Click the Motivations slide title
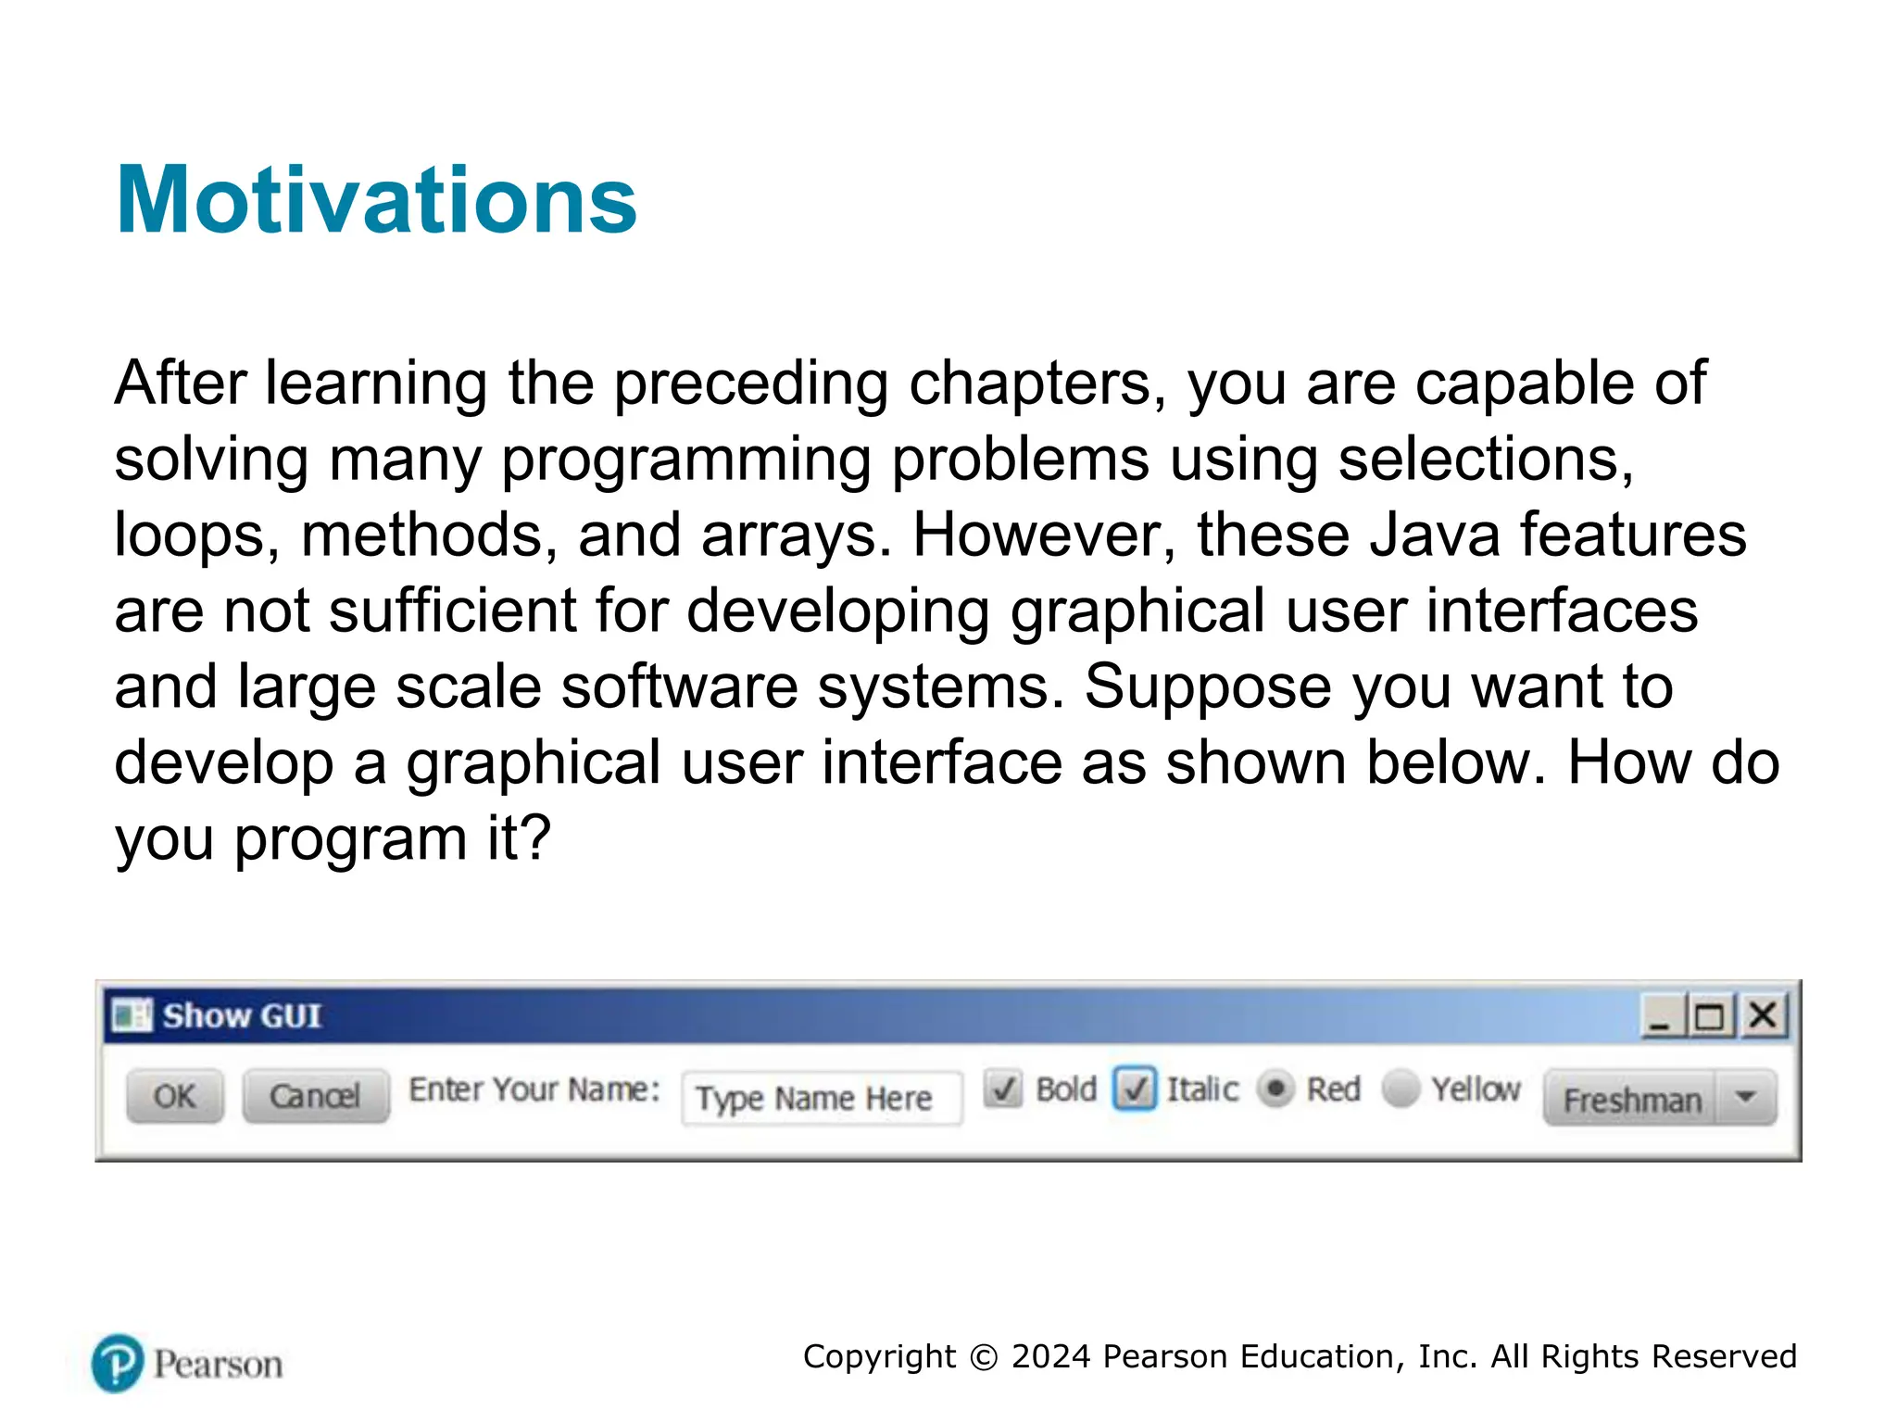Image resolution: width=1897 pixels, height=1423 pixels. click(376, 200)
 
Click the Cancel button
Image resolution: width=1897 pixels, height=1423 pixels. click(315, 1096)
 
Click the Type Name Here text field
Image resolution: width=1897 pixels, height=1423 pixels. click(821, 1099)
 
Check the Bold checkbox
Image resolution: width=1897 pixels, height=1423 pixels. click(1003, 1089)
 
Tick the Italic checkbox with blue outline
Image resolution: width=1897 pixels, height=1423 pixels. click(1135, 1089)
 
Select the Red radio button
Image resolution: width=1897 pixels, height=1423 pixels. click(1275, 1089)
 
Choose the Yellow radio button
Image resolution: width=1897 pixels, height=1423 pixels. click(1401, 1089)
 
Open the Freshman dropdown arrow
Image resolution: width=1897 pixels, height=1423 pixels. click(1746, 1098)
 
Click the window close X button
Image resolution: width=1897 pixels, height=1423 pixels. click(1763, 1016)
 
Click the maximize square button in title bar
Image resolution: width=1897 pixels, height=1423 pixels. click(1710, 1017)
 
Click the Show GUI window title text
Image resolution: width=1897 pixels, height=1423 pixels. click(243, 1016)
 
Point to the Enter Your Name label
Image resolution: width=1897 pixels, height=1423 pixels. click(534, 1089)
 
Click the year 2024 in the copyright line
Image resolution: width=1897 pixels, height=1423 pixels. click(1050, 1356)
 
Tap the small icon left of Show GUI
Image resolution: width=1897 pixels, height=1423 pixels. click(131, 1015)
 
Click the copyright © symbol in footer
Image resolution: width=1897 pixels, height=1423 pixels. click(984, 1357)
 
